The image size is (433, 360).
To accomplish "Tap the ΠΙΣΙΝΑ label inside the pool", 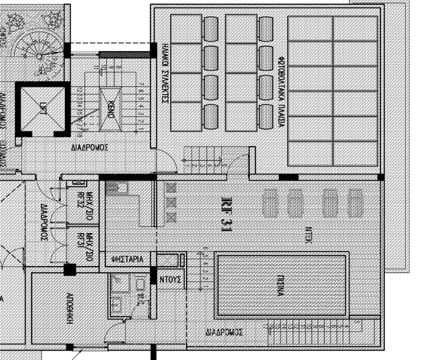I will coord(280,285).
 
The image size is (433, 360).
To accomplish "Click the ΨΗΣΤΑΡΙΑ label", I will coord(127,260).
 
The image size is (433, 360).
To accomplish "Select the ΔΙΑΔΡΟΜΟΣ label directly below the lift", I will coord(90,148).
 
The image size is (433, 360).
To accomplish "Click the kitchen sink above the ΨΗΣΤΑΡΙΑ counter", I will coord(121,188).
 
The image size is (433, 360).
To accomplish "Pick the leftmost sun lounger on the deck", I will coord(270,203).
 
